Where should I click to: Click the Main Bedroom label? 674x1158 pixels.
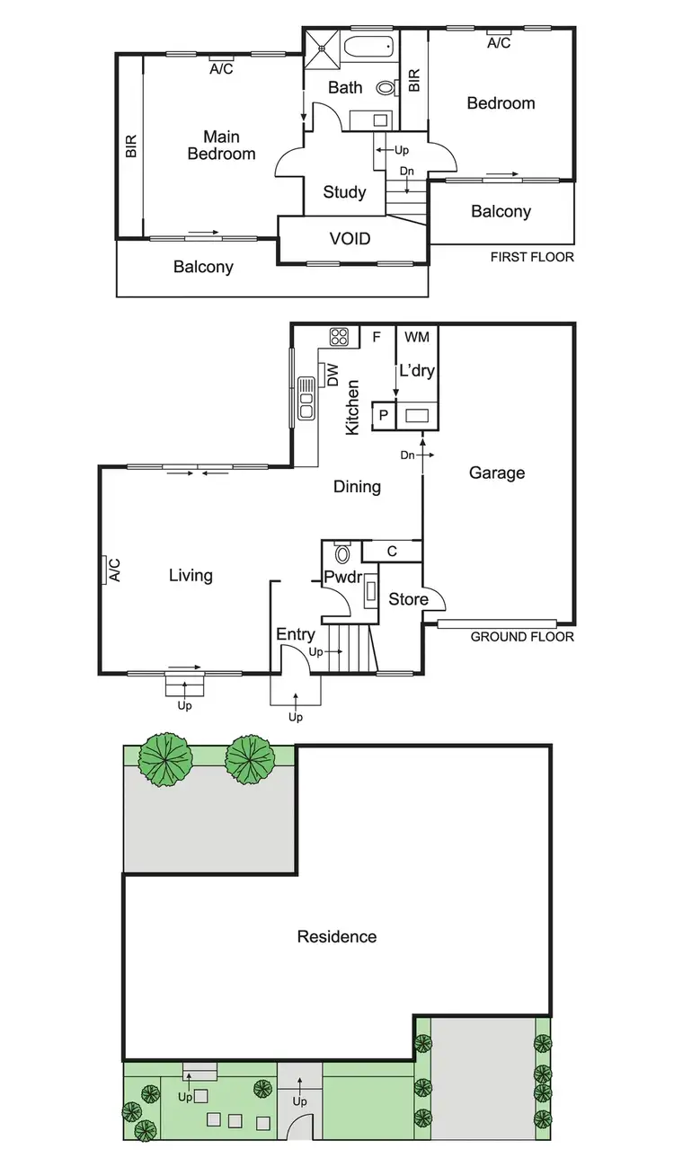coord(221,146)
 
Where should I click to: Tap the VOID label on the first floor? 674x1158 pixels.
coord(350,239)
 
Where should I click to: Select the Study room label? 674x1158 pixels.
coord(344,192)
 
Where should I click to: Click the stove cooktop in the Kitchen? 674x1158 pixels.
coord(340,337)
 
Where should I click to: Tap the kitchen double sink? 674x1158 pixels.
coord(306,398)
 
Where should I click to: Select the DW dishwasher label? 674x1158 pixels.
coord(333,376)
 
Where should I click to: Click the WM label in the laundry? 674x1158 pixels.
coord(416,337)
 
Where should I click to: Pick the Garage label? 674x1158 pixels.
coord(496,473)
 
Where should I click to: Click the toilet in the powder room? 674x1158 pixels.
coord(341,550)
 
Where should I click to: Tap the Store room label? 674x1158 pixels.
coord(408,599)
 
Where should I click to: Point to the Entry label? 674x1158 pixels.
coord(295,634)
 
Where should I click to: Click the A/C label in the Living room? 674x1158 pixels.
coord(114,570)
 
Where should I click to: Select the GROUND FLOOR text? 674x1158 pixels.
coord(522,637)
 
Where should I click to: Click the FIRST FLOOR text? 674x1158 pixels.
coord(532,257)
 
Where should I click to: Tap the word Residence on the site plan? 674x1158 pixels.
coord(337,937)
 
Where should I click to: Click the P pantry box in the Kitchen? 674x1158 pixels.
coord(383,415)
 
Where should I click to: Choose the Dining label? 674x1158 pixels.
coord(357,487)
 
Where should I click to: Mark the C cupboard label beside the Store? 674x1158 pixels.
coord(392,551)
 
